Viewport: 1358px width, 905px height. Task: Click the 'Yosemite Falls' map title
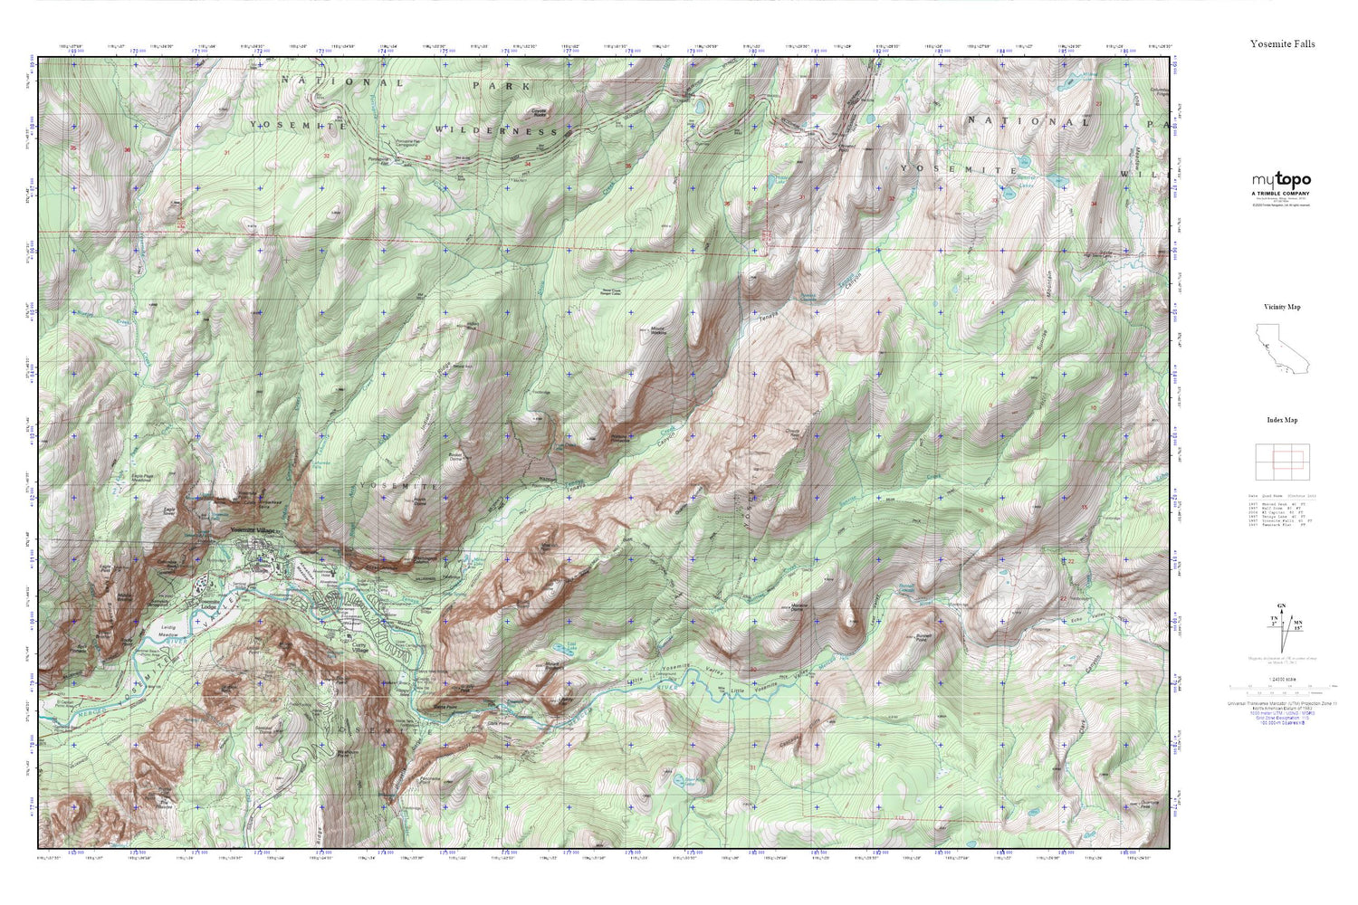click(1282, 43)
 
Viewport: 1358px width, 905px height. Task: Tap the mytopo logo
click(1281, 181)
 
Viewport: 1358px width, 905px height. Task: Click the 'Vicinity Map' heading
click(1282, 307)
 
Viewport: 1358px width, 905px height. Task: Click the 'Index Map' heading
click(1282, 420)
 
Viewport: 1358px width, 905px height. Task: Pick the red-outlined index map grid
click(1281, 462)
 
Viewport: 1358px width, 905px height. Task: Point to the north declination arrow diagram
click(1280, 629)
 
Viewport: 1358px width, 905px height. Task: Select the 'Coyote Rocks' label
click(543, 112)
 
